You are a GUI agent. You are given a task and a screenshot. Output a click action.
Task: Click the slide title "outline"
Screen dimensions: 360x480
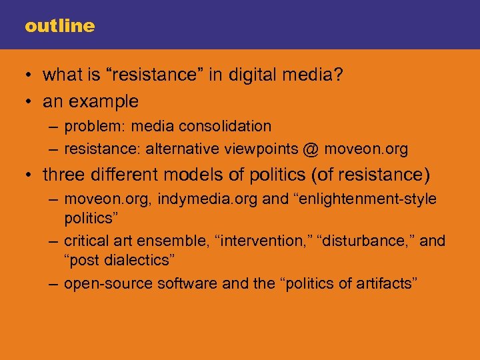click(x=59, y=26)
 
